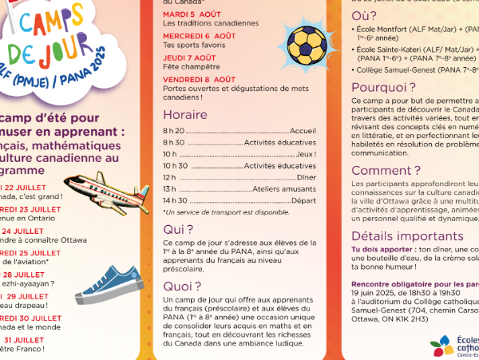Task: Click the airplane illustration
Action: (99, 189)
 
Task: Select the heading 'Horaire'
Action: (185, 114)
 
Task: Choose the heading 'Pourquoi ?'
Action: (381, 87)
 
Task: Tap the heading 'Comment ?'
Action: (380, 170)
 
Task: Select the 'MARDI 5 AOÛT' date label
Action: (193, 14)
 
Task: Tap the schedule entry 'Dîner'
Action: (307, 176)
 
